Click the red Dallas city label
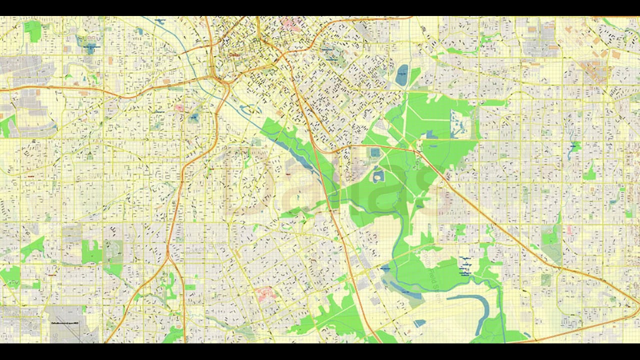[x=233, y=55]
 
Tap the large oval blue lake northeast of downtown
[x=402, y=75]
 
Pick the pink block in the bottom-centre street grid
[x=265, y=293]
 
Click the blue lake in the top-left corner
[x=90, y=48]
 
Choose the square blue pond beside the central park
[x=375, y=152]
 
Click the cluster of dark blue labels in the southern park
[x=465, y=266]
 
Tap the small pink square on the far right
[x=569, y=229]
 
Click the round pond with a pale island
[x=378, y=176]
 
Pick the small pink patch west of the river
[x=178, y=107]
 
